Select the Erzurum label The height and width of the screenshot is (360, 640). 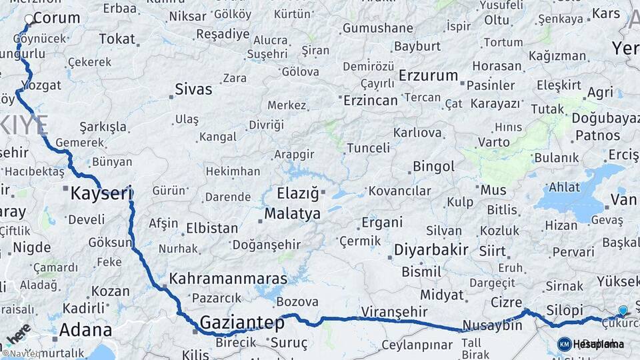point(428,75)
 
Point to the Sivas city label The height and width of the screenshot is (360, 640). point(193,89)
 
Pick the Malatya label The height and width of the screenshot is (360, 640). point(292,214)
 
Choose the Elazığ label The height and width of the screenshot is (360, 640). point(299,195)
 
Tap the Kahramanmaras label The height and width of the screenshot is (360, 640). point(228,279)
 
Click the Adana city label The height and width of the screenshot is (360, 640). point(85,329)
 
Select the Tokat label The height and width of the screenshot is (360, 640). point(117,39)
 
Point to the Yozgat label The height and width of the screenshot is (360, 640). point(41,85)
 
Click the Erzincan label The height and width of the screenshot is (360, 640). point(370,100)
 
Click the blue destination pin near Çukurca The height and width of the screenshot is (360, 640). point(623,311)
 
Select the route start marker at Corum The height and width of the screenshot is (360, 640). point(29,20)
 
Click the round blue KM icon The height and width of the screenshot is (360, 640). point(564,344)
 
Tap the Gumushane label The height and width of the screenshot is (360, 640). point(377,28)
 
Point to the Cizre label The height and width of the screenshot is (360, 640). point(506,302)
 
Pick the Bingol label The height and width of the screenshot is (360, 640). point(433,166)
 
